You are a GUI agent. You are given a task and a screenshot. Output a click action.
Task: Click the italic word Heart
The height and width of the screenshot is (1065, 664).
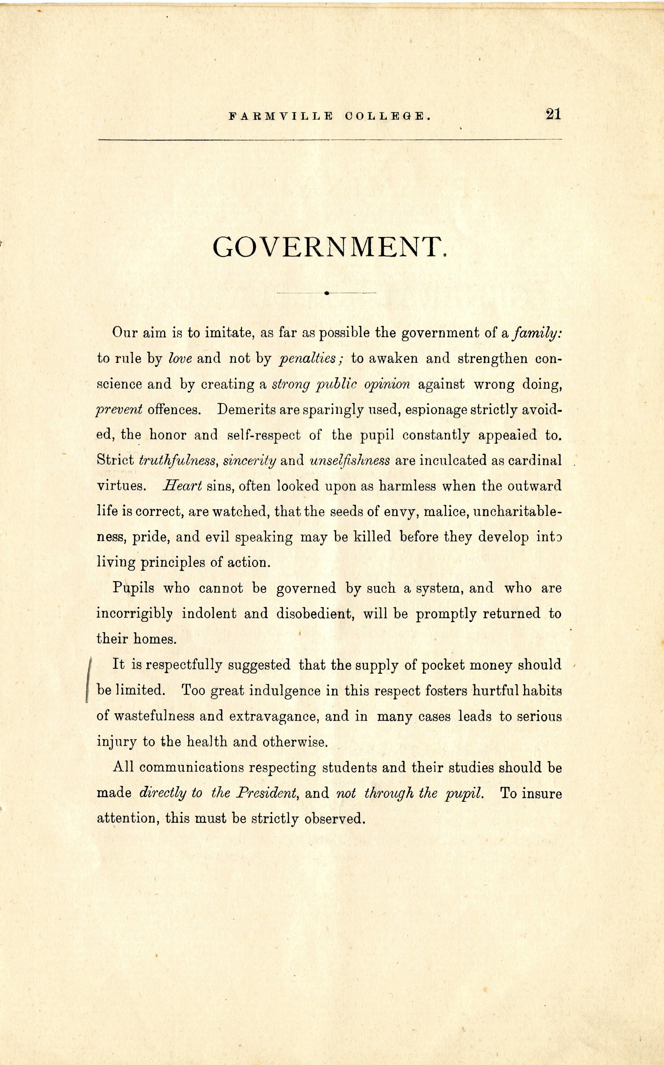click(182, 486)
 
